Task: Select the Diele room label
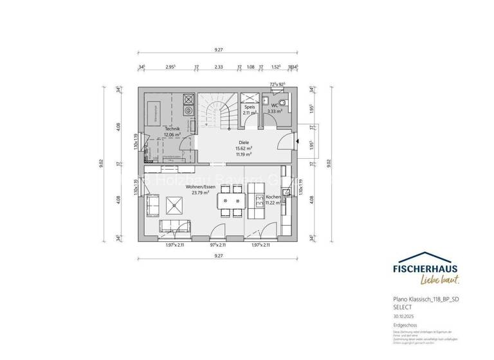tap(242, 145)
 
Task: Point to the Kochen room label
tap(274, 197)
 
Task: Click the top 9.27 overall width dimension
tap(219, 50)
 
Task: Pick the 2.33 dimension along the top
tap(219, 66)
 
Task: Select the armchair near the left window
tap(153, 204)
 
